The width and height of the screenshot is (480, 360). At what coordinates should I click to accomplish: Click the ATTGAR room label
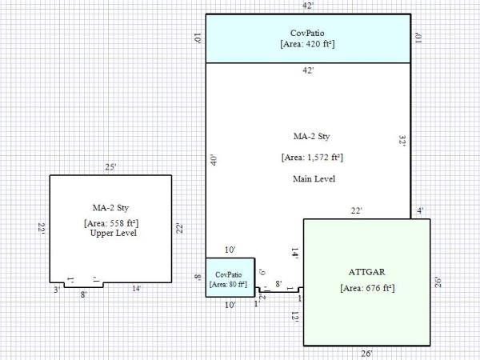click(x=366, y=271)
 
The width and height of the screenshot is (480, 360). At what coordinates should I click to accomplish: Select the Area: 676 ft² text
click(x=366, y=287)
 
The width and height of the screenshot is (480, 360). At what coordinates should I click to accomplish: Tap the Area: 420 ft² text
click(x=308, y=44)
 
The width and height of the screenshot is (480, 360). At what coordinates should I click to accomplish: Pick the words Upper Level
click(x=110, y=234)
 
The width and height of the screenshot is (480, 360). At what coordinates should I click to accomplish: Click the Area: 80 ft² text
click(x=230, y=284)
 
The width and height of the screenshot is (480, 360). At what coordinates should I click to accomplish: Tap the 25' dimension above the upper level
click(x=111, y=168)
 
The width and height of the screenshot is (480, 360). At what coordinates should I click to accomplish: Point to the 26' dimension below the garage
click(x=366, y=353)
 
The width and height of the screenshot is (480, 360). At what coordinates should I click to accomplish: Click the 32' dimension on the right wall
click(x=402, y=139)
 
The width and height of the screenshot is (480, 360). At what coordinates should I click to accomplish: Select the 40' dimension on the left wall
click(x=213, y=160)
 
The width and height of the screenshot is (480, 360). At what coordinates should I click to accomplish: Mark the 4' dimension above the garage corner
click(x=421, y=211)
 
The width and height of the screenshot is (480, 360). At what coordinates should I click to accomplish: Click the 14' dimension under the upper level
click(x=137, y=289)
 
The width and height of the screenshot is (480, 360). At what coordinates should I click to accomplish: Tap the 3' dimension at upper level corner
click(x=56, y=290)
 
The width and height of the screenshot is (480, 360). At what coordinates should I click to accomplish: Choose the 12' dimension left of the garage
click(x=296, y=317)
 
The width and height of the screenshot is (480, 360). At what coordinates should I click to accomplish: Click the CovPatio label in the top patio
click(x=308, y=33)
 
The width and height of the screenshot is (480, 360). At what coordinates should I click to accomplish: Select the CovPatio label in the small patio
click(x=230, y=274)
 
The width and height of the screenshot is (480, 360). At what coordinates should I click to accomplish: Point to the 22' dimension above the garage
click(x=357, y=211)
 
